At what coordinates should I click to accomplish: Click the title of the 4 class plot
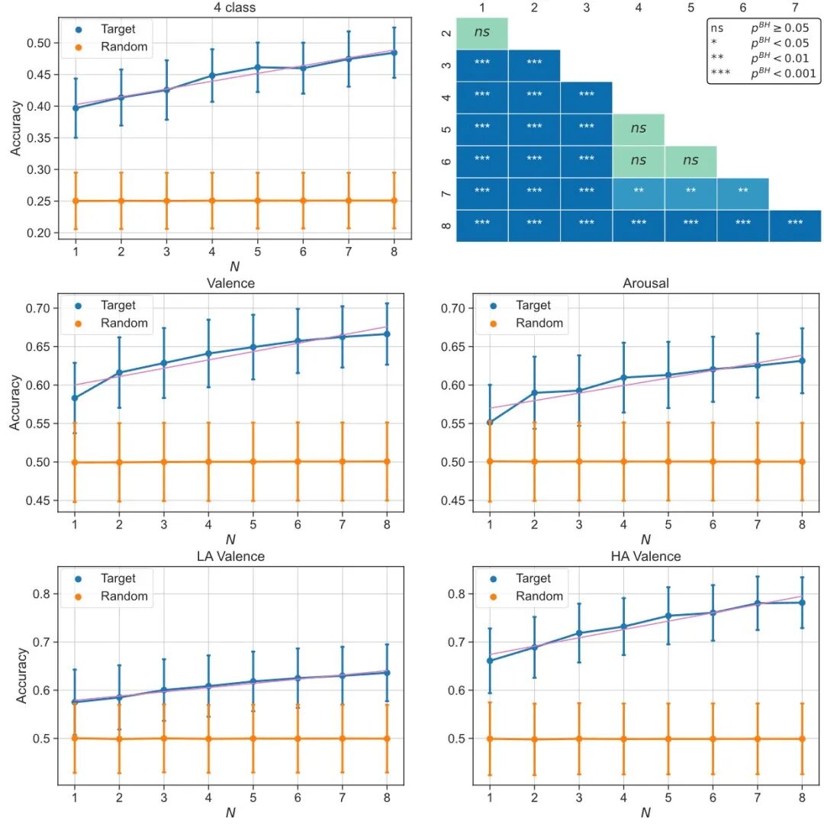234,8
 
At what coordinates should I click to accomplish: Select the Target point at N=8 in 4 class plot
394,53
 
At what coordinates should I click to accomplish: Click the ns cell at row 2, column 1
482,33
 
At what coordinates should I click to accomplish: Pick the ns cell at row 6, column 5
690,161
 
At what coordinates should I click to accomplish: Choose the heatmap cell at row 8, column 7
795,224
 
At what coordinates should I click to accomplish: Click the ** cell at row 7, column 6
742,193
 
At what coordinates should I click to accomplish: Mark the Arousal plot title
646,283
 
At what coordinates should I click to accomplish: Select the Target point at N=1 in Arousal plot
490,422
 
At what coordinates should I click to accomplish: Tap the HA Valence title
646,557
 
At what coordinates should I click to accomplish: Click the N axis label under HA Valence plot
645,813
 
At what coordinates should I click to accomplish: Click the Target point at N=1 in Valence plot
75,398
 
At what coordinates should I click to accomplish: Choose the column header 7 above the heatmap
795,8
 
